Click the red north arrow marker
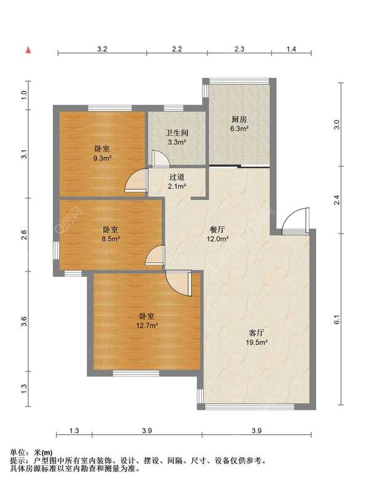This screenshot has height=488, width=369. (x=28, y=50)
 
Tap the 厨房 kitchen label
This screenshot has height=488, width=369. (x=239, y=119)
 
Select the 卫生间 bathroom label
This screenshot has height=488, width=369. (x=177, y=133)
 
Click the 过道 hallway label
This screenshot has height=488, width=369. (x=177, y=177)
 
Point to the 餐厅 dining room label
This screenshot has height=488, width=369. (x=218, y=230)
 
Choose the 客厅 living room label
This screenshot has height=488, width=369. (x=256, y=333)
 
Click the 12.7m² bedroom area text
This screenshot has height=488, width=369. (x=146, y=326)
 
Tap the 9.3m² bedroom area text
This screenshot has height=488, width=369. (x=102, y=158)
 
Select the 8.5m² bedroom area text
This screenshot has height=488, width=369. (x=111, y=239)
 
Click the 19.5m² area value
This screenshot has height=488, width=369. (x=256, y=342)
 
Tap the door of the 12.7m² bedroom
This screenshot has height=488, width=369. (x=178, y=283)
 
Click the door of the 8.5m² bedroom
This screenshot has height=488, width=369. (x=155, y=255)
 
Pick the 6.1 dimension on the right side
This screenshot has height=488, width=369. (x=336, y=319)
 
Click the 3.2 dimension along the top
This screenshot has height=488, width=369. (x=102, y=49)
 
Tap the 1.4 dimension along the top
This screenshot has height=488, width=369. (x=292, y=49)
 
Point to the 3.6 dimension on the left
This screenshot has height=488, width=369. (x=24, y=321)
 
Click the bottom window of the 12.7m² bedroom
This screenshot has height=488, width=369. (x=136, y=373)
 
